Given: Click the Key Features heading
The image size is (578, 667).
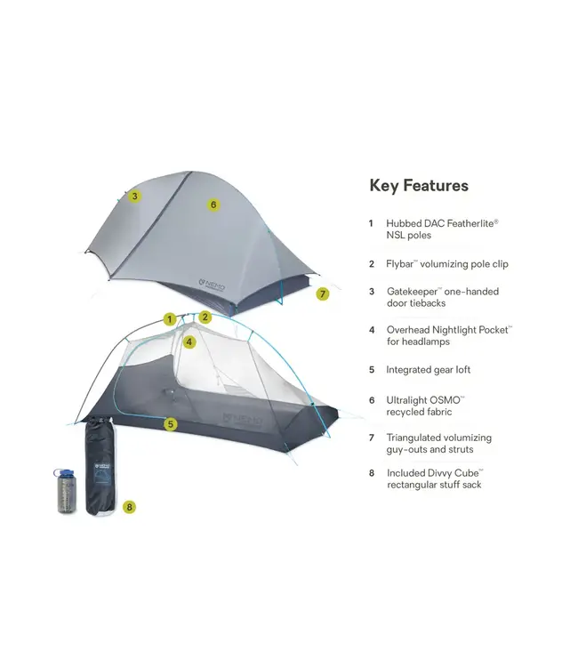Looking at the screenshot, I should tap(418, 186).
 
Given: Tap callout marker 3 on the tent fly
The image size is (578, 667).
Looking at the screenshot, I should tap(134, 197).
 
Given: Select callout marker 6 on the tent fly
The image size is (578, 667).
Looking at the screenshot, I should tap(213, 205).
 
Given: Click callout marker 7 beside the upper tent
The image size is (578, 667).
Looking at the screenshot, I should tap(323, 293).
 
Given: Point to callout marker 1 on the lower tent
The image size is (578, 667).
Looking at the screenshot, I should tap(169, 318).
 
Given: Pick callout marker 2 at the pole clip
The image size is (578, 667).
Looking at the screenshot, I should tap(205, 317).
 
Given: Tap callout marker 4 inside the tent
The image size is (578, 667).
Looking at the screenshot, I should tap(189, 342).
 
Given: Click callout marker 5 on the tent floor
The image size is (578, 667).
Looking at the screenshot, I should tap(171, 424).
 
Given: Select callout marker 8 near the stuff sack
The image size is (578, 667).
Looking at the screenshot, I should tap(130, 507).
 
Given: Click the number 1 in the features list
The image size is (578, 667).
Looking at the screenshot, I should tap(371, 223).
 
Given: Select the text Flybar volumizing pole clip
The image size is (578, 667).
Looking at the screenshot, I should tap(447, 264).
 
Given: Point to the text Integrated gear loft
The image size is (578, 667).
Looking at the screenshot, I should tap(429, 369).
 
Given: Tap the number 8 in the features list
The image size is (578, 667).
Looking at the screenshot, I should tap(371, 473).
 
